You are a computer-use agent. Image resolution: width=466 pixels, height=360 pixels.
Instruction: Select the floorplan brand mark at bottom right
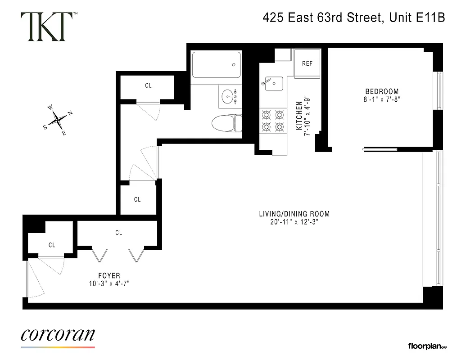(427, 346)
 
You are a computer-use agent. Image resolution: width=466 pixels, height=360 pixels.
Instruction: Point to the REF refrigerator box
(307, 63)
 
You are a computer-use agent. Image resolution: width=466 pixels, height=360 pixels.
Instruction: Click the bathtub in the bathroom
(216, 65)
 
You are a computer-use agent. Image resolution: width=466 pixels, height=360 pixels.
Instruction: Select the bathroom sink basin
(230, 96)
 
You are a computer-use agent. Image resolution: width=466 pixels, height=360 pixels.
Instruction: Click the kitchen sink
(273, 83)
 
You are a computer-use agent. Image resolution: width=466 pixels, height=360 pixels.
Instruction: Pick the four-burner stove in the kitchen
(273, 121)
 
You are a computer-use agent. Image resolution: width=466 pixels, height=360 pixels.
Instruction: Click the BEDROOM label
(382, 92)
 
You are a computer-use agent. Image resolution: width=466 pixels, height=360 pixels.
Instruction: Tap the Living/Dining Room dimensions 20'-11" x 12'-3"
(294, 222)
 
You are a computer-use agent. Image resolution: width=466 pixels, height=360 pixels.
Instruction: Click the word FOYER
(109, 275)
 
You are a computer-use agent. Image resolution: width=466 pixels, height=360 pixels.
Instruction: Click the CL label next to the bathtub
(148, 85)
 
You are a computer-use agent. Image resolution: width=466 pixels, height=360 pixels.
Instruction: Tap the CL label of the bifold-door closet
(119, 233)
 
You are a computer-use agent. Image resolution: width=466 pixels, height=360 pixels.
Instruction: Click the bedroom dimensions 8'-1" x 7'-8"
(382, 100)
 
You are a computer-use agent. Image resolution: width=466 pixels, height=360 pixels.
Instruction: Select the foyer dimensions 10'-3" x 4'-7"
(109, 283)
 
